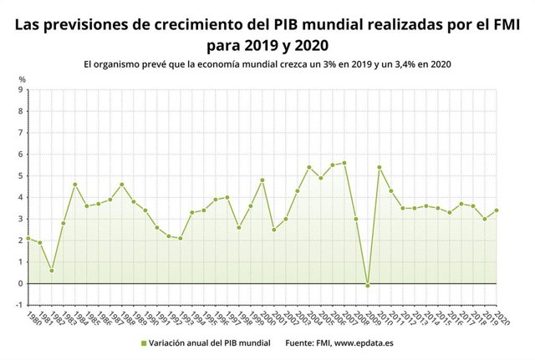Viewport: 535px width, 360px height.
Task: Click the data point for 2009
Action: click(x=368, y=286)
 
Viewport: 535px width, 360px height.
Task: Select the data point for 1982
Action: click(x=52, y=271)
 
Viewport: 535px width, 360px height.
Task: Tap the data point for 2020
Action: click(x=497, y=210)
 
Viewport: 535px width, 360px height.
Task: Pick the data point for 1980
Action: click(x=28, y=238)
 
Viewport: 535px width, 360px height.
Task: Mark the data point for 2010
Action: click(x=380, y=167)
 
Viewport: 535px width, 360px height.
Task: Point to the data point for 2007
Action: click(x=344, y=163)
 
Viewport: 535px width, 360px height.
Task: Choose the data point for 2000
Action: click(x=262, y=180)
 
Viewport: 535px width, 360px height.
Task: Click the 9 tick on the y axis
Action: click(x=20, y=89)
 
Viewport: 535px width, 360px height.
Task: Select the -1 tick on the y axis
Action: click(x=18, y=305)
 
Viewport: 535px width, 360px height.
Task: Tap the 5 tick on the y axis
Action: click(x=20, y=175)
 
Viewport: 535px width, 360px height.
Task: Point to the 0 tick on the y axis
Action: click(x=20, y=283)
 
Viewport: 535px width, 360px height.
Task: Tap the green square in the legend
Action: click(x=143, y=343)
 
